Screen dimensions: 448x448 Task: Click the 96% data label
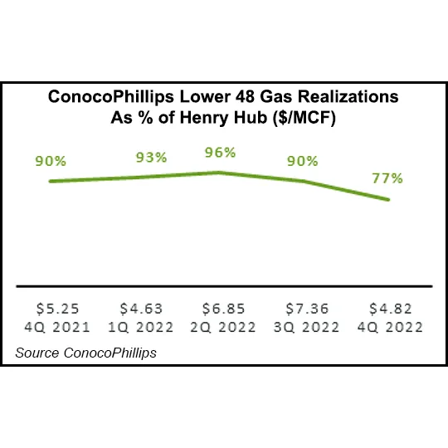[x=219, y=153]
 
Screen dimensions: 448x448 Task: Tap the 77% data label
[x=387, y=178]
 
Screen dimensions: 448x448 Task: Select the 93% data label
[x=151, y=157]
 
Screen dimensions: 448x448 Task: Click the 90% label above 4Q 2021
[x=51, y=161]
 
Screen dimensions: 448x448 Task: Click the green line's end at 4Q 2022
[x=389, y=199]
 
